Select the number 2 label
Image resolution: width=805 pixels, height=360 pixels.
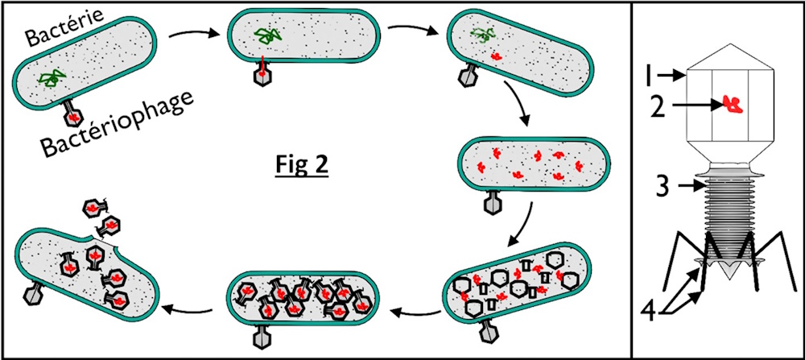tap(657, 107)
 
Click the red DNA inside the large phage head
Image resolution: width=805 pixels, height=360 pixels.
tap(733, 104)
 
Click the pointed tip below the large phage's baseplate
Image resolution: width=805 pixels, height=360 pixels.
tap(729, 273)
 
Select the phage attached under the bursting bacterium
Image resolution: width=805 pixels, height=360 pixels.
tap(35, 295)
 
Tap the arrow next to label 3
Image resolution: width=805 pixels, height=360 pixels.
tap(686, 188)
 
